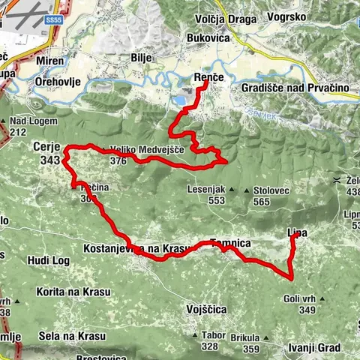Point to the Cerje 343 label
47,153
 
